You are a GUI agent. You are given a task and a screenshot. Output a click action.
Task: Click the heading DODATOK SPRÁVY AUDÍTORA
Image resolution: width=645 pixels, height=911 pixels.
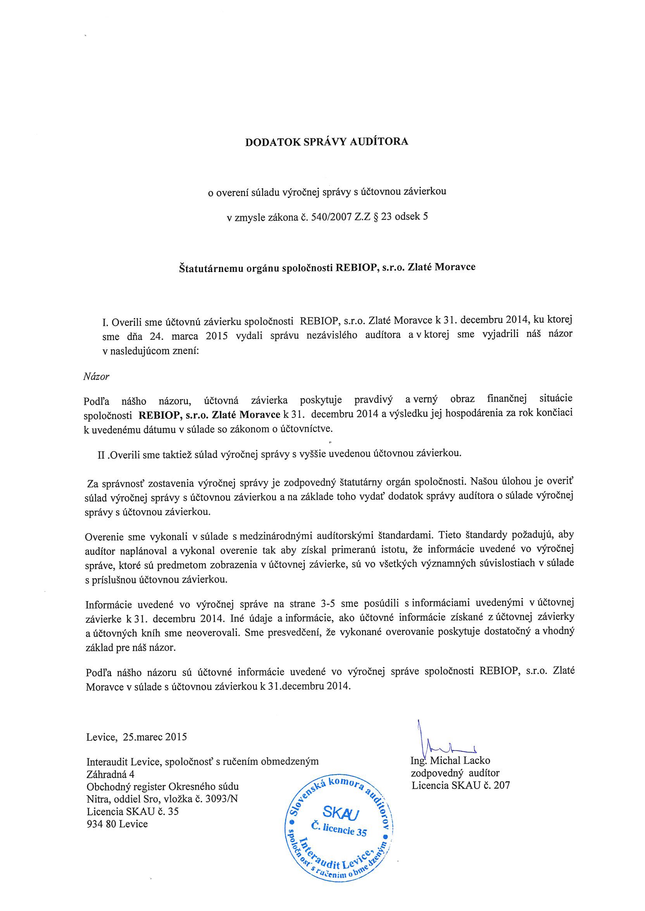point(326,142)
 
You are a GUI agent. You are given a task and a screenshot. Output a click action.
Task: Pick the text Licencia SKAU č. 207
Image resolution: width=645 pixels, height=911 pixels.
point(461,785)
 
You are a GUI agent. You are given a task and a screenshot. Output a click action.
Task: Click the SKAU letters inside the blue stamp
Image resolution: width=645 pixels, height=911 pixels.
point(341,813)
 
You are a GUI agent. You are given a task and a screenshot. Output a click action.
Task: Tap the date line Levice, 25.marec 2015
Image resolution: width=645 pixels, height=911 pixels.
point(136,737)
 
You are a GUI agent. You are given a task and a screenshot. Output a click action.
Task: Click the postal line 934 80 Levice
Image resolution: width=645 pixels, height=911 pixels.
point(117,824)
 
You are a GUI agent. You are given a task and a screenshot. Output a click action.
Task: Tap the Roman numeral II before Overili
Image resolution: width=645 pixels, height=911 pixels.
point(102,455)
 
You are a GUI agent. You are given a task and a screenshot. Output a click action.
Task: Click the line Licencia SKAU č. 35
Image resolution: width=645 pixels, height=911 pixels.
point(133,811)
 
